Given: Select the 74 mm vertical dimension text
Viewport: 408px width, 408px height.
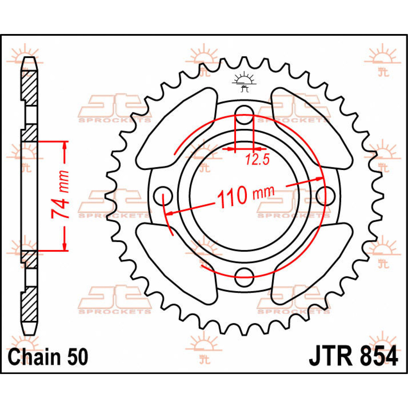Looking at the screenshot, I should pyautogui.click(x=61, y=196).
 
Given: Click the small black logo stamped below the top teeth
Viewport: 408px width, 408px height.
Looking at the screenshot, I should pyautogui.click(x=244, y=83).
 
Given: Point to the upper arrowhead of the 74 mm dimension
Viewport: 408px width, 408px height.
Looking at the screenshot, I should pyautogui.click(x=65, y=145).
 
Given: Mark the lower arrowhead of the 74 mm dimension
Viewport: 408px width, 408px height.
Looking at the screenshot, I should pyautogui.click(x=65, y=247).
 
